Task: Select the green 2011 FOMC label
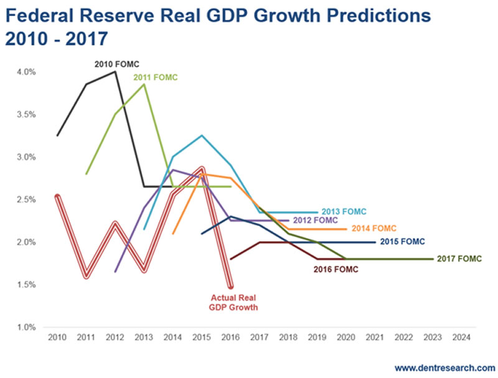click(156, 77)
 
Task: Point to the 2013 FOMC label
click(344, 212)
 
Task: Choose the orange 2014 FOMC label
click(374, 229)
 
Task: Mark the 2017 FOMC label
click(459, 258)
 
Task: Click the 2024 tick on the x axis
click(462, 337)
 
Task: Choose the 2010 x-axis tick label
click(57, 337)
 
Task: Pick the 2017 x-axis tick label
click(260, 337)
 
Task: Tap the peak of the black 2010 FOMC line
click(115, 72)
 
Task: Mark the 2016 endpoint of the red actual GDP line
click(230, 286)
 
